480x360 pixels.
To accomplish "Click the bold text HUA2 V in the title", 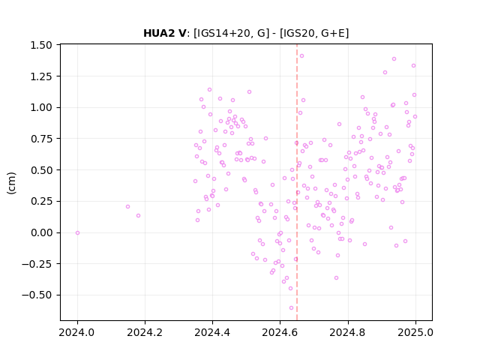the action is [x=165, y=33].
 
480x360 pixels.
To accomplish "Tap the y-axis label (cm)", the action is [x=11, y=183].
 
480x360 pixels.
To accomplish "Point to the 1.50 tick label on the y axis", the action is [x=41, y=45].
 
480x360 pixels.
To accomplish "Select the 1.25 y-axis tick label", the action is [x=41, y=76].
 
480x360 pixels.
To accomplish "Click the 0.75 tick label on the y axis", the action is [x=41, y=139].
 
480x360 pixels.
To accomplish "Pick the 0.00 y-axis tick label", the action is [x=41, y=232].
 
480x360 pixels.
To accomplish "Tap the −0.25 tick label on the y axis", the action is [x=37, y=264].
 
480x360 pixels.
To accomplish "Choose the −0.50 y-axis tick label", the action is [x=37, y=295].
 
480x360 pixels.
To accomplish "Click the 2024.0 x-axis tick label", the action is [x=77, y=332].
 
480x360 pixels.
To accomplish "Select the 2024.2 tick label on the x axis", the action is [x=145, y=332].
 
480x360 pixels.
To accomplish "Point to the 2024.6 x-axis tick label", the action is [x=280, y=332].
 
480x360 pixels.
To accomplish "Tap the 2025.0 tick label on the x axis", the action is [x=415, y=332].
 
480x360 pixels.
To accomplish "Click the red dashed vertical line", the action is [x=297, y=182].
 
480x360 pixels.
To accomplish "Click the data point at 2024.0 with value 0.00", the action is [x=77, y=233].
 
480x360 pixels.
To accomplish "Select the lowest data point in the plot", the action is [x=291, y=308].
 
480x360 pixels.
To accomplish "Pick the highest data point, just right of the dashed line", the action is [x=301, y=56].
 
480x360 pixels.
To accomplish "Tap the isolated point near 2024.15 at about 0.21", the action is [x=128, y=207].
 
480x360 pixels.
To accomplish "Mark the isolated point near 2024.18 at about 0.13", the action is [x=138, y=216].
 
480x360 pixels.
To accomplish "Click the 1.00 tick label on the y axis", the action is [x=41, y=107].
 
